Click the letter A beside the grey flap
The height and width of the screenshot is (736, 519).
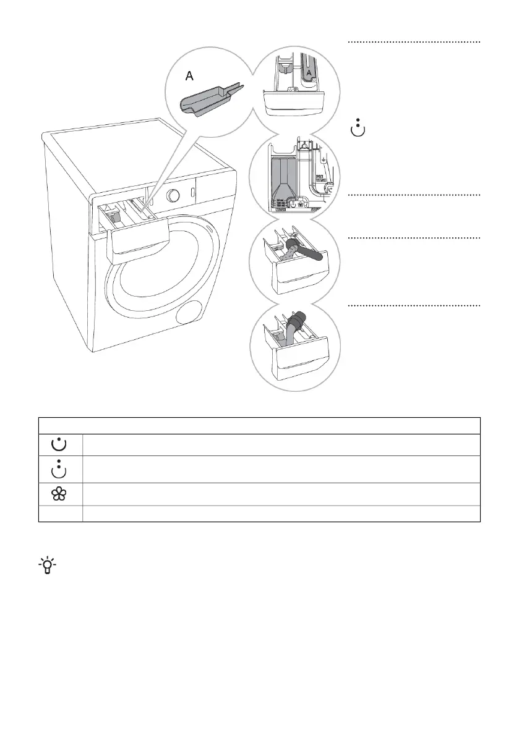click(x=190, y=75)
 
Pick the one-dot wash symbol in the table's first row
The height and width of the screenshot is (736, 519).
click(x=61, y=443)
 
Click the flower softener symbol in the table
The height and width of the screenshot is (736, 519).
click(x=61, y=494)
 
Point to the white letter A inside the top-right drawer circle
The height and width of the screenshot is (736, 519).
click(x=309, y=72)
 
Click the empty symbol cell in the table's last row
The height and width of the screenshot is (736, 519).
click(x=61, y=513)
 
